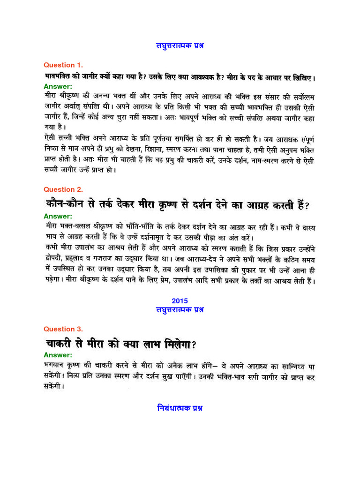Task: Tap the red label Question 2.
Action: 63,190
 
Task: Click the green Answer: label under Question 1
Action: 58,86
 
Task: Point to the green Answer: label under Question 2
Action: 58,217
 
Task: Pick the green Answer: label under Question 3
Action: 58,355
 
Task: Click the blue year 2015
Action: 180,301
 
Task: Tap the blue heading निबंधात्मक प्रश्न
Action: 180,408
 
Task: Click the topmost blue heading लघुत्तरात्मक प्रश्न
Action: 180,45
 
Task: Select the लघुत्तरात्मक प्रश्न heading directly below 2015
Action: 180,310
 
